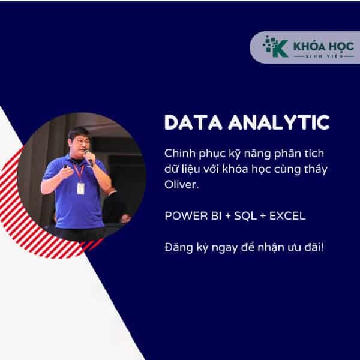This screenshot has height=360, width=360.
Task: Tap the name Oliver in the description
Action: click(x=178, y=187)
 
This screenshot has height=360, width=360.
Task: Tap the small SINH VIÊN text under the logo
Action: click(x=316, y=56)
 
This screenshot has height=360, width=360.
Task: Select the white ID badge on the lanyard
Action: click(x=80, y=188)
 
